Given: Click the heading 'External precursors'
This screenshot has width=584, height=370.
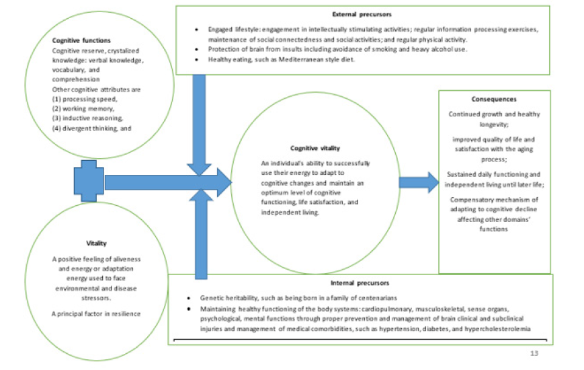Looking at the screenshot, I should click(362, 13).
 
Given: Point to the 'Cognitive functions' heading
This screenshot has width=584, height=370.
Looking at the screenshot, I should click(82, 40).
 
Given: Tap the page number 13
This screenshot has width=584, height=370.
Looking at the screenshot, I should click(533, 352).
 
